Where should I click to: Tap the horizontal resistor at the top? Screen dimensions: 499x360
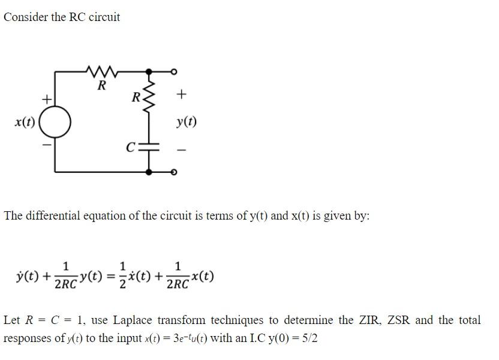pos(101,73)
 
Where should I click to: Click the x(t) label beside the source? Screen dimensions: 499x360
pos(25,123)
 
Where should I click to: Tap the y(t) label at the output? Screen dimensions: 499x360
pos(186,122)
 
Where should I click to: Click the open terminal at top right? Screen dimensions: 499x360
pos(174,72)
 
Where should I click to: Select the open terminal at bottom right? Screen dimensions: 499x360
pos(174,172)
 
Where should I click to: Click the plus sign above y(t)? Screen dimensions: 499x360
pos(182,94)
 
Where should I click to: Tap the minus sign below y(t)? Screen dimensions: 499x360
pos(183,149)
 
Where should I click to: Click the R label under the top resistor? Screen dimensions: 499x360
pos(101,86)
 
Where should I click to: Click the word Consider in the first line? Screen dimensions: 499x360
pos(26,17)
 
